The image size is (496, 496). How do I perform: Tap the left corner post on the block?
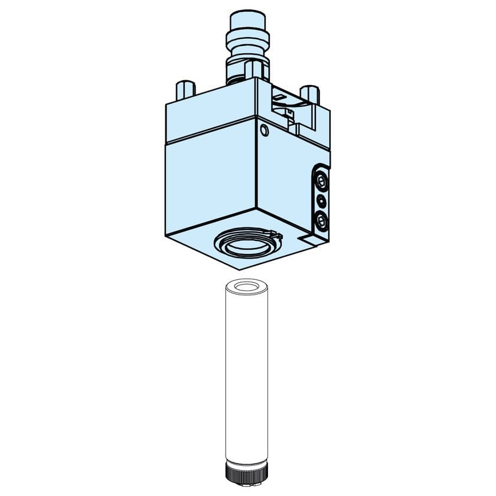[x=184, y=89]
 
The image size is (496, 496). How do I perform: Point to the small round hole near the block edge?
[x=264, y=130]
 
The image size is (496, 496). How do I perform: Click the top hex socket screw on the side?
[x=321, y=180]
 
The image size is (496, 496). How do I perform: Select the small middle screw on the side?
[x=321, y=200]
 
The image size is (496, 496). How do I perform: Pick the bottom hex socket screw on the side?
[x=321, y=220]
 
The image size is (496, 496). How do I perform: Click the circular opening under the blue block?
[x=246, y=243]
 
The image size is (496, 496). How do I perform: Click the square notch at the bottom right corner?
[x=308, y=239]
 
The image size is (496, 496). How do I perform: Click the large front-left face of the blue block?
[x=211, y=177]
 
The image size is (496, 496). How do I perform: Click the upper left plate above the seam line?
[x=210, y=115]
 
